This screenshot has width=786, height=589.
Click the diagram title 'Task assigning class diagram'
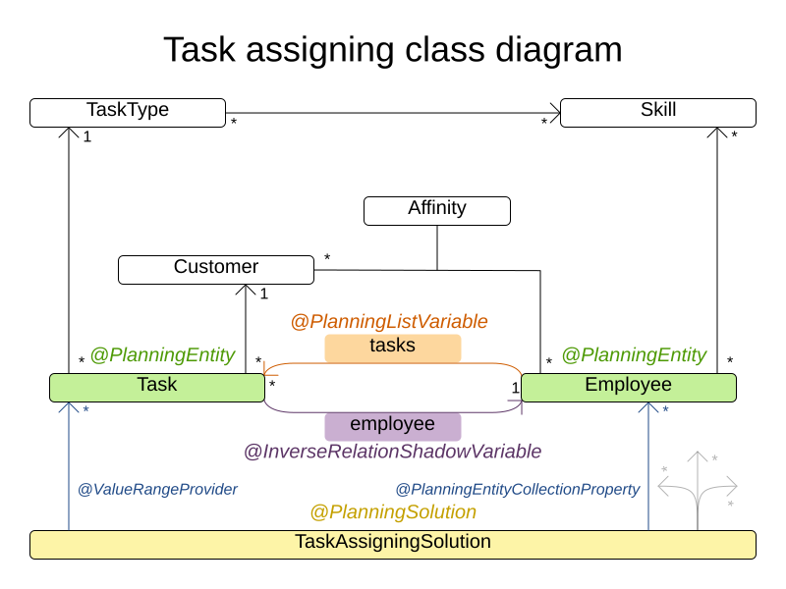click(392, 49)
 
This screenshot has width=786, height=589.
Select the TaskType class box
click(128, 112)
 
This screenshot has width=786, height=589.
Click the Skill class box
click(657, 112)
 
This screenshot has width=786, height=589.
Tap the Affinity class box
click(436, 210)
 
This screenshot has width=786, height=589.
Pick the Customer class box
click(215, 269)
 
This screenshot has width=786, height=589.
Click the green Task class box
click(156, 387)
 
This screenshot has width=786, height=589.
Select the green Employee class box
click(628, 387)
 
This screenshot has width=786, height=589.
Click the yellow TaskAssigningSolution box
click(392, 544)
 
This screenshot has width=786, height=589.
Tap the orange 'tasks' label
click(392, 347)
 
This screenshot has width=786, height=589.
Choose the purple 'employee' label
click(392, 425)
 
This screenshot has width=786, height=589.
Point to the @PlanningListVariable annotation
click(389, 322)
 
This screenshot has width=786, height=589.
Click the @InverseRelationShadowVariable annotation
click(392, 452)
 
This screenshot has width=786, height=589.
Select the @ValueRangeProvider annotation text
click(157, 489)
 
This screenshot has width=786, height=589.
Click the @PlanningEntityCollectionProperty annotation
click(517, 489)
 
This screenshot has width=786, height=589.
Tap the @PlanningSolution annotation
click(392, 512)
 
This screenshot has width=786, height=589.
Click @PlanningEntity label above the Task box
click(162, 355)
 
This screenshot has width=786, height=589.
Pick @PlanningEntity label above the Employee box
click(634, 355)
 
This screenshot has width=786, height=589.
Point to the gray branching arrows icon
click(698, 481)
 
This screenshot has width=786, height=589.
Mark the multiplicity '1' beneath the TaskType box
click(86, 137)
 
